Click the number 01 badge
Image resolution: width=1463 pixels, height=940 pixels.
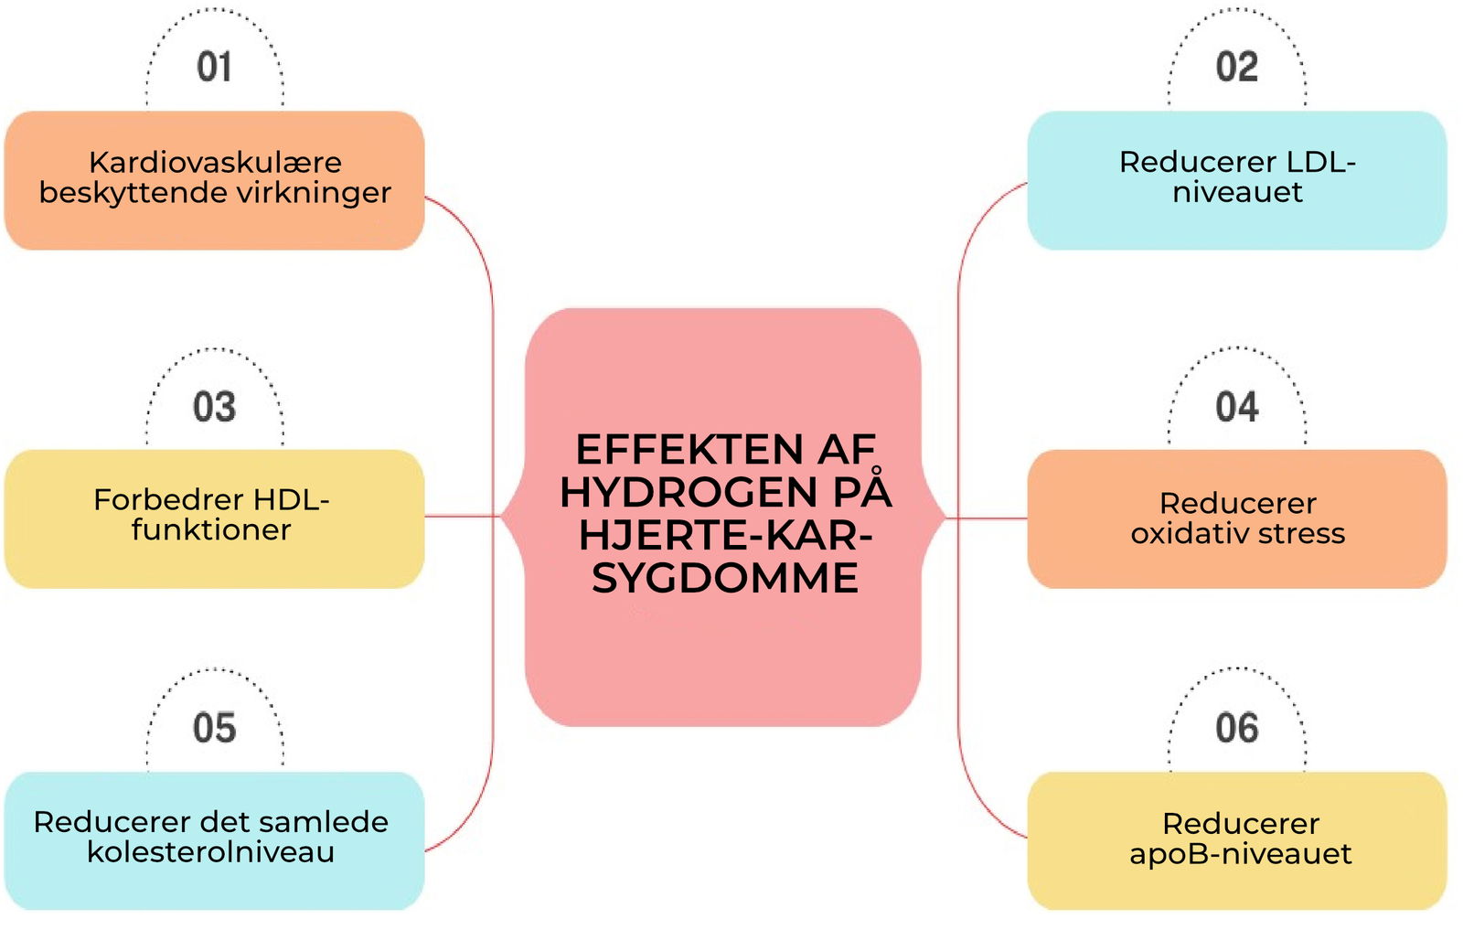(214, 67)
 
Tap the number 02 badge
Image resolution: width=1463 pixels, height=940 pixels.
(1236, 67)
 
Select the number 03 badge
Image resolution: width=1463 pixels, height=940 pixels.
(214, 407)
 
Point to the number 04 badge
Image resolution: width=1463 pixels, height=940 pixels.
(1236, 407)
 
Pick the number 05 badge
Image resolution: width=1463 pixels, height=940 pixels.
(214, 728)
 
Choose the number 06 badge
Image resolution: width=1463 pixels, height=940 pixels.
(1236, 728)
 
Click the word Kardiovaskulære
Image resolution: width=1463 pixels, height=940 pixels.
(215, 162)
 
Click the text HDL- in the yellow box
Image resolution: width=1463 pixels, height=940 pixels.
(291, 499)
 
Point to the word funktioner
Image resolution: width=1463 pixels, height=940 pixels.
(211, 529)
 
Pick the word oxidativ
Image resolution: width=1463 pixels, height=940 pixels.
(1180, 533)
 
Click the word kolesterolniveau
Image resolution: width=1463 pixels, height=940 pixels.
(210, 852)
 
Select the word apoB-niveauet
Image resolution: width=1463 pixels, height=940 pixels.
(1240, 854)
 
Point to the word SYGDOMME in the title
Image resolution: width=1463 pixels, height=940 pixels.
(725, 578)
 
